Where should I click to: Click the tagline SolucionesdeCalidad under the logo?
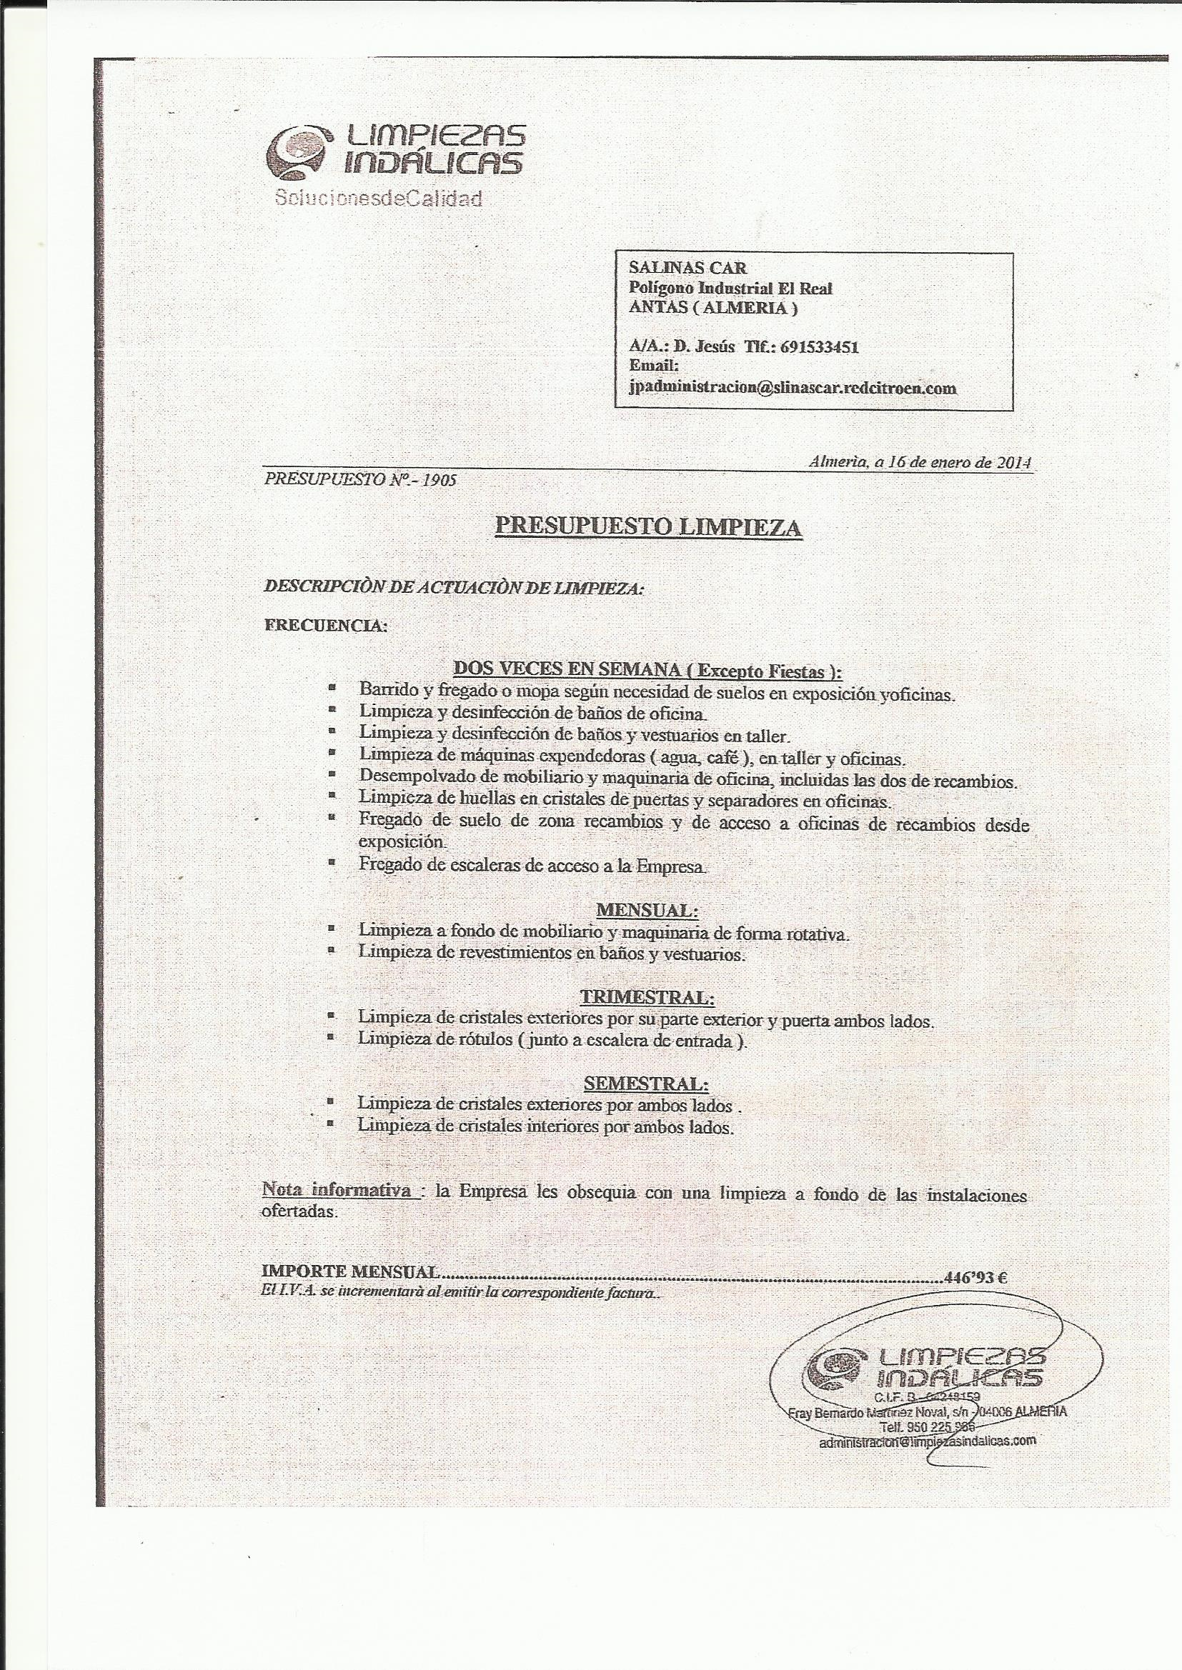(377, 199)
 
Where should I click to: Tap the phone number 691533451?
(819, 347)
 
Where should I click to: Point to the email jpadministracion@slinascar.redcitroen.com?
(792, 389)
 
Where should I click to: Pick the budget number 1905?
(442, 481)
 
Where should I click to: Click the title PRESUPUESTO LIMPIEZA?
(647, 526)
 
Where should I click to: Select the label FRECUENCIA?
(324, 626)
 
